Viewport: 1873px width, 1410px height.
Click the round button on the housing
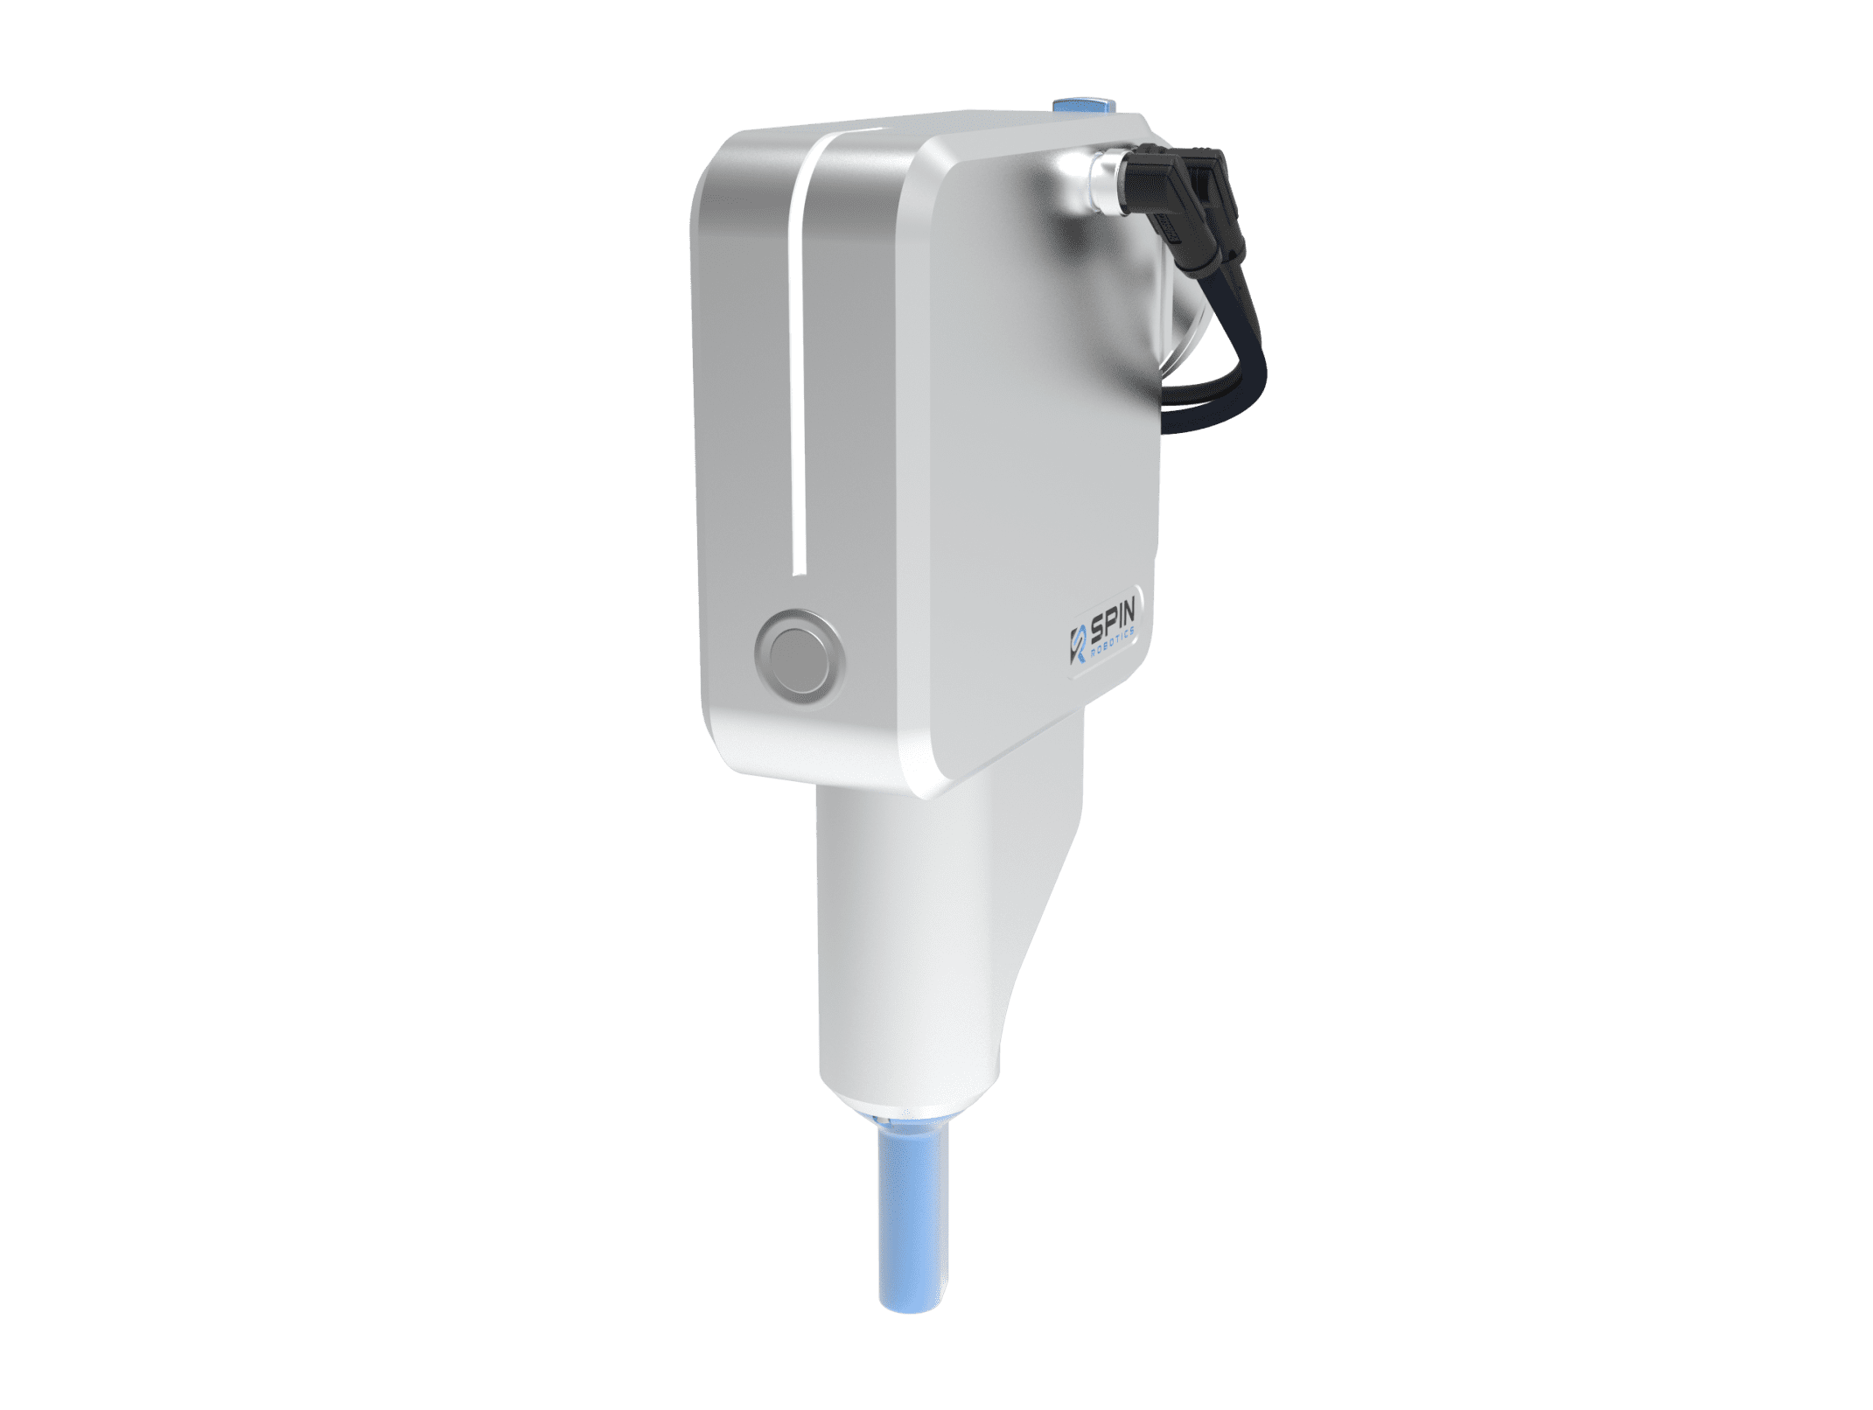(799, 655)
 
